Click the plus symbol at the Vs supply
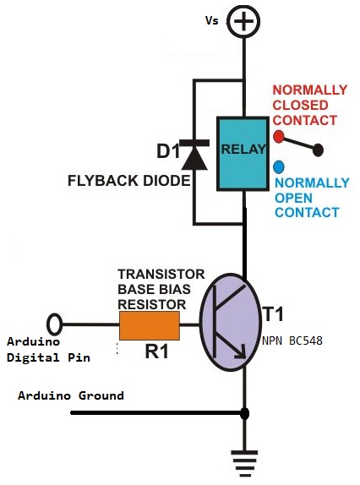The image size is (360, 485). pyautogui.click(x=243, y=21)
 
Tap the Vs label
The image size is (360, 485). pyautogui.click(x=212, y=21)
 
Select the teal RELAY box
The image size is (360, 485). pyautogui.click(x=243, y=154)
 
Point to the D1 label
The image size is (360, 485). pyautogui.click(x=168, y=151)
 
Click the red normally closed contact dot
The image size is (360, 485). pyautogui.click(x=279, y=136)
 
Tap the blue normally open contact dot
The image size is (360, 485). pyautogui.click(x=279, y=167)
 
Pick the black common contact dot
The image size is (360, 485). pyautogui.click(x=318, y=150)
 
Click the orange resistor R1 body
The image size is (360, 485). pyautogui.click(x=150, y=325)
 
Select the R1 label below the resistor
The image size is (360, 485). pyautogui.click(x=157, y=351)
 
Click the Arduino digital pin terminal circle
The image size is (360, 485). pyautogui.click(x=54, y=324)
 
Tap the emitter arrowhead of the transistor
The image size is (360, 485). pyautogui.click(x=240, y=352)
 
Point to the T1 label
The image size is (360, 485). pyautogui.click(x=273, y=314)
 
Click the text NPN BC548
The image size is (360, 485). pyautogui.click(x=292, y=341)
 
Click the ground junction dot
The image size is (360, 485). pyautogui.click(x=244, y=413)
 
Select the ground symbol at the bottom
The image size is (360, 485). pyautogui.click(x=245, y=464)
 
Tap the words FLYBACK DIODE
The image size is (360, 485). pyautogui.click(x=129, y=181)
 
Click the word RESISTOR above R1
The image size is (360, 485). pyautogui.click(x=152, y=305)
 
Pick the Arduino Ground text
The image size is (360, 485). pyautogui.click(x=71, y=395)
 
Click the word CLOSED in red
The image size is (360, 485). pyautogui.click(x=300, y=105)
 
